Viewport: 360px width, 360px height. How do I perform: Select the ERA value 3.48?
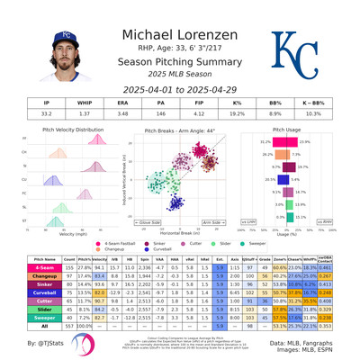point(137,114)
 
